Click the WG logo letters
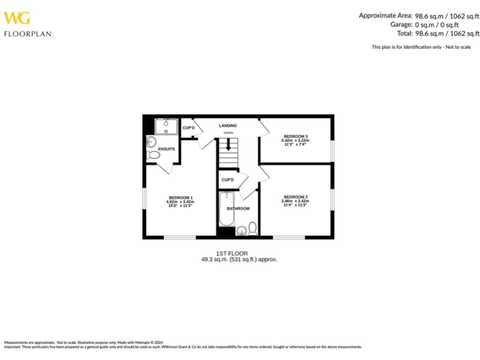(17, 19)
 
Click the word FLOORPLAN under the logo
(27, 34)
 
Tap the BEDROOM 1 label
(180, 197)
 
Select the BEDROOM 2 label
(296, 197)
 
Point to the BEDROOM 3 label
(296, 136)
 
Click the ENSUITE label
(167, 149)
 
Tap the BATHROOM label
(238, 208)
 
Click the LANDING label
(228, 126)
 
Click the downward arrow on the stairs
(229, 145)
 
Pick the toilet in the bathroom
(252, 229)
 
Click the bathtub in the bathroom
(226, 211)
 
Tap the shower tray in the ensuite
(166, 126)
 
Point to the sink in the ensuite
(151, 142)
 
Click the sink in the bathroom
(241, 231)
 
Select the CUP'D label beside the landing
(189, 128)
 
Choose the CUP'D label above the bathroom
(227, 180)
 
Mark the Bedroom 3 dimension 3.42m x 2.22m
(296, 141)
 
